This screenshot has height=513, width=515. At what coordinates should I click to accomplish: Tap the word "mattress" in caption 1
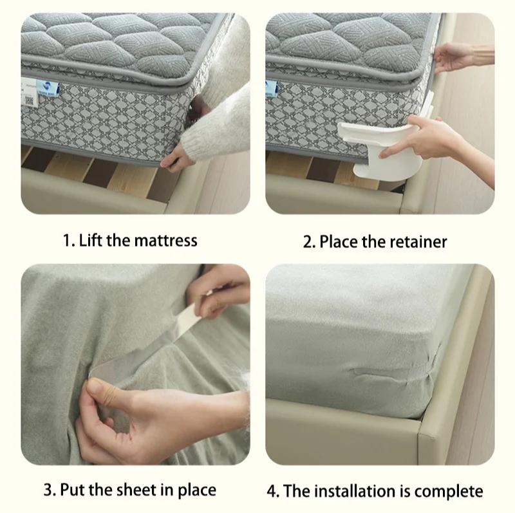click(165, 241)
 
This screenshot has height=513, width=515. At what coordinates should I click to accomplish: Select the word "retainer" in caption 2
click(415, 242)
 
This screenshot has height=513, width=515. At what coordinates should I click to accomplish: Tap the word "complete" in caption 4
click(449, 491)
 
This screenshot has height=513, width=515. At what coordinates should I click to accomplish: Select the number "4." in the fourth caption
click(274, 491)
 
